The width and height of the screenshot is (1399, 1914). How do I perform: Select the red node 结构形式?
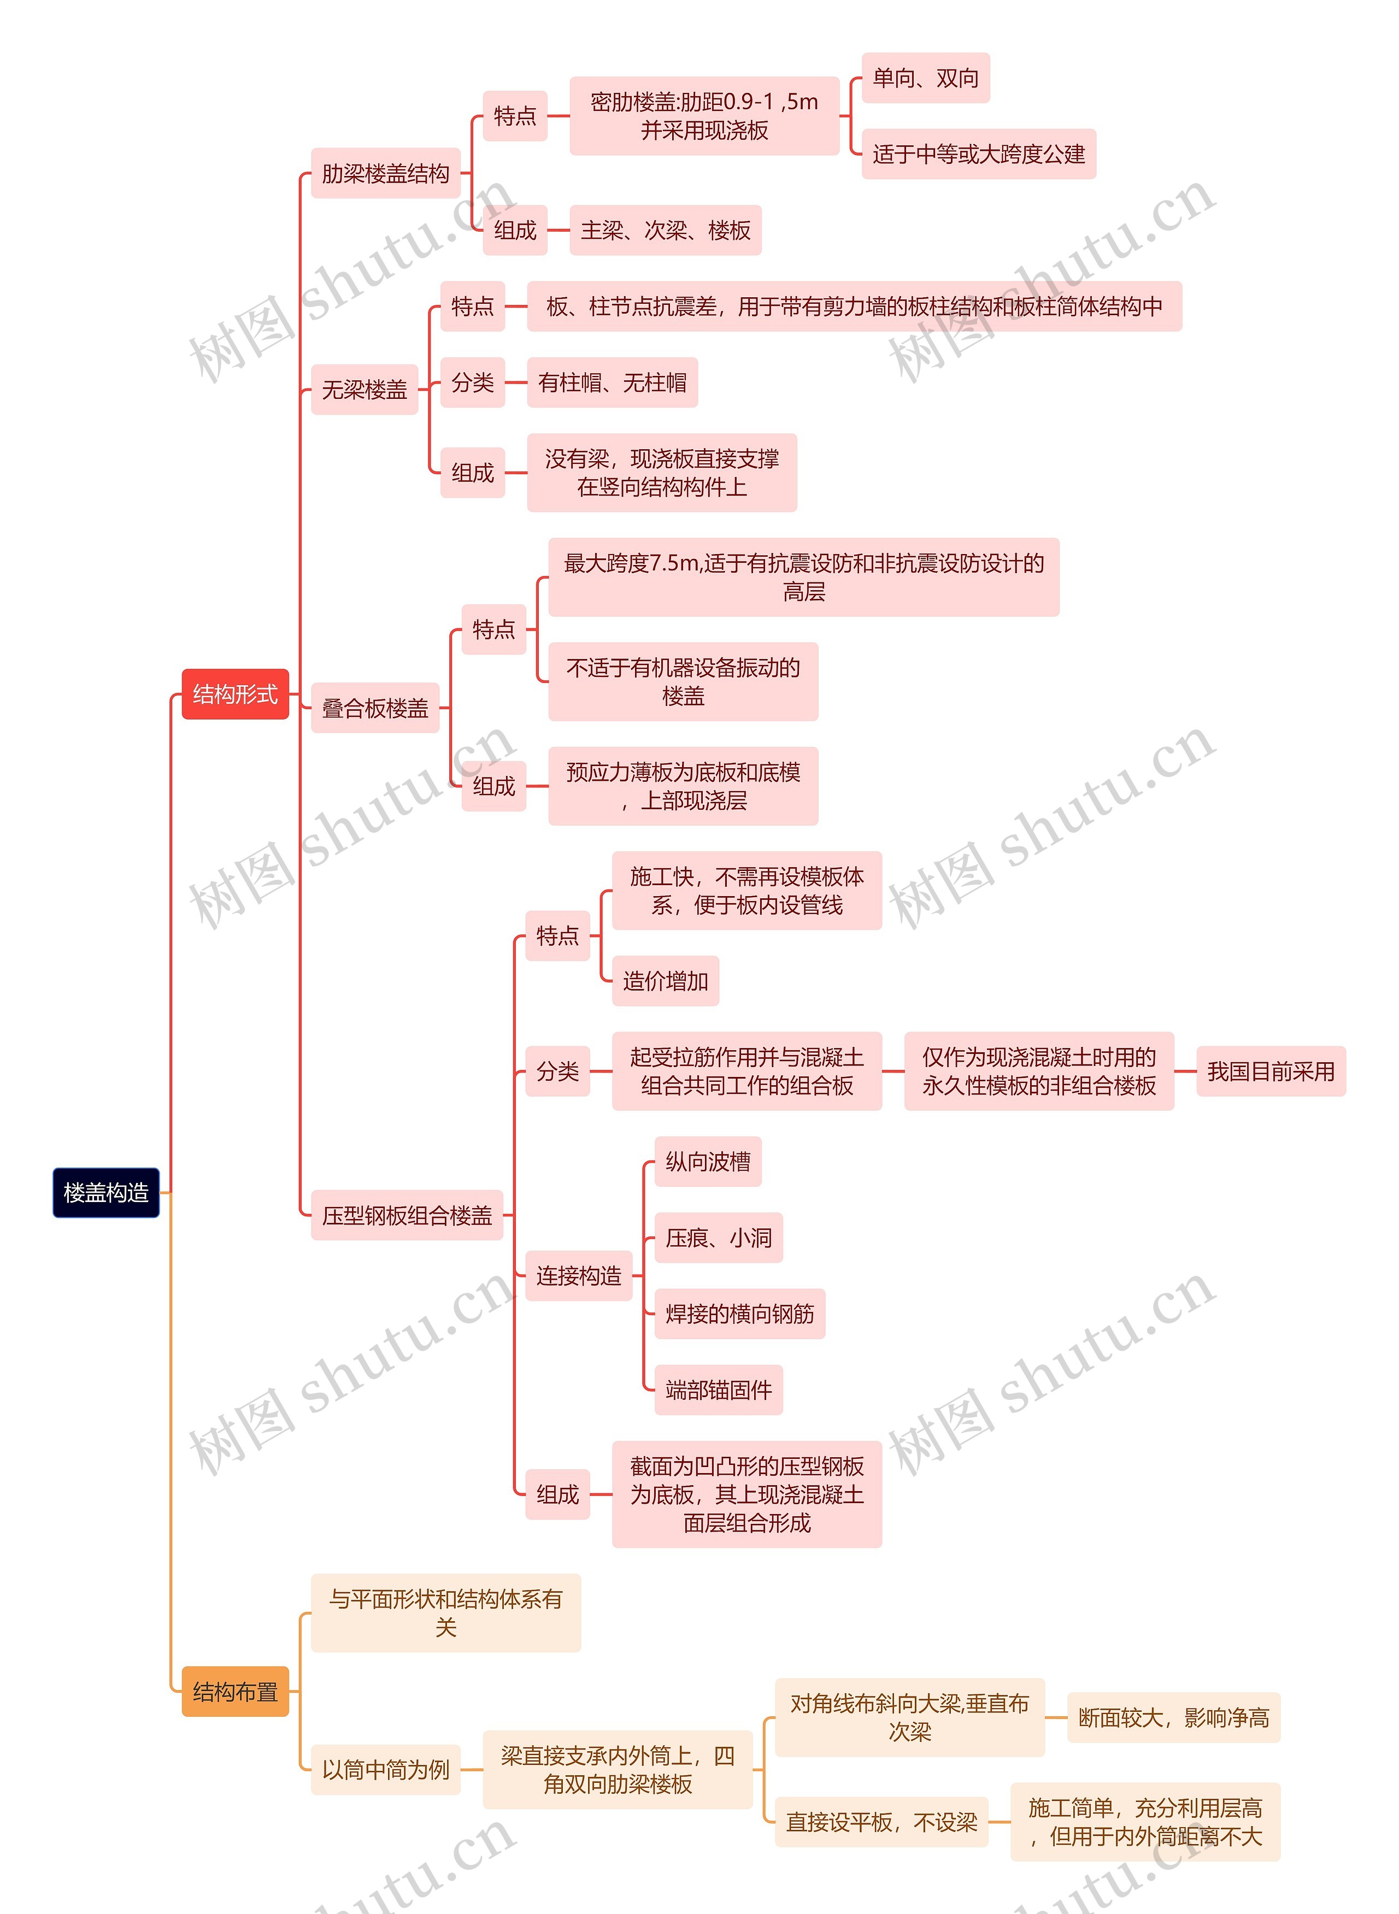pyautogui.click(x=236, y=694)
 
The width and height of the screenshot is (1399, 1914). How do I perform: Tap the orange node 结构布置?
pyautogui.click(x=236, y=1692)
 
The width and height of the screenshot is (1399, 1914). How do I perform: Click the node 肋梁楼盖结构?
pyautogui.click(x=385, y=174)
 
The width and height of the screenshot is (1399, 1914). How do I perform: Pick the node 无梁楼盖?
pyautogui.click(x=364, y=390)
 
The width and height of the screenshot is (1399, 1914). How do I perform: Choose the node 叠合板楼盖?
pyautogui.click(x=375, y=708)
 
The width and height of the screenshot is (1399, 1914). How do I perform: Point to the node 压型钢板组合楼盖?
pyautogui.click(x=407, y=1215)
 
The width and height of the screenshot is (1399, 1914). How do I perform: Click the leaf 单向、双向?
pyautogui.click(x=926, y=78)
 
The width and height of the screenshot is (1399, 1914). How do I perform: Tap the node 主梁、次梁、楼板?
pyautogui.click(x=666, y=230)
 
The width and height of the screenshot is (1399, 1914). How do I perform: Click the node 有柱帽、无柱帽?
pyautogui.click(x=612, y=382)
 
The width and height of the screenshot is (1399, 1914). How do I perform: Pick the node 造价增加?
pyautogui.click(x=666, y=981)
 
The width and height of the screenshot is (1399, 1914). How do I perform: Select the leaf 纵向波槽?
pyautogui.click(x=708, y=1162)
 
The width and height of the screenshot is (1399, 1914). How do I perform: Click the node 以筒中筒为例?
pyautogui.click(x=385, y=1769)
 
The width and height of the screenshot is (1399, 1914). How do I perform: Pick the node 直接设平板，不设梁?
pyautogui.click(x=881, y=1822)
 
